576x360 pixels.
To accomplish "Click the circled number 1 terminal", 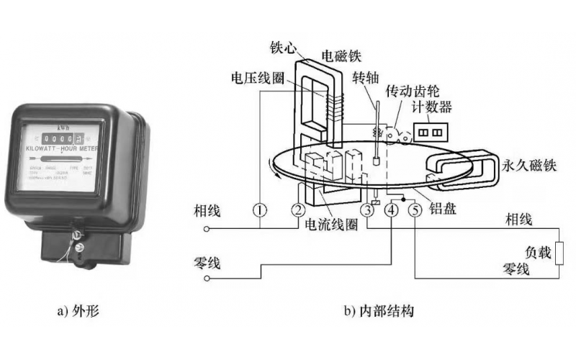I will pyautogui.click(x=260, y=210).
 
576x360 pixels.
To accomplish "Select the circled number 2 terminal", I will pyautogui.click(x=298, y=210).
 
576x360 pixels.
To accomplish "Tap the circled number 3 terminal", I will pyautogui.click(x=368, y=210).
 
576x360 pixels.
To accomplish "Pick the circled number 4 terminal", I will pyautogui.click(x=392, y=210).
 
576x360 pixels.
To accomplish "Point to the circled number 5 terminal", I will pyautogui.click(x=415, y=210).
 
